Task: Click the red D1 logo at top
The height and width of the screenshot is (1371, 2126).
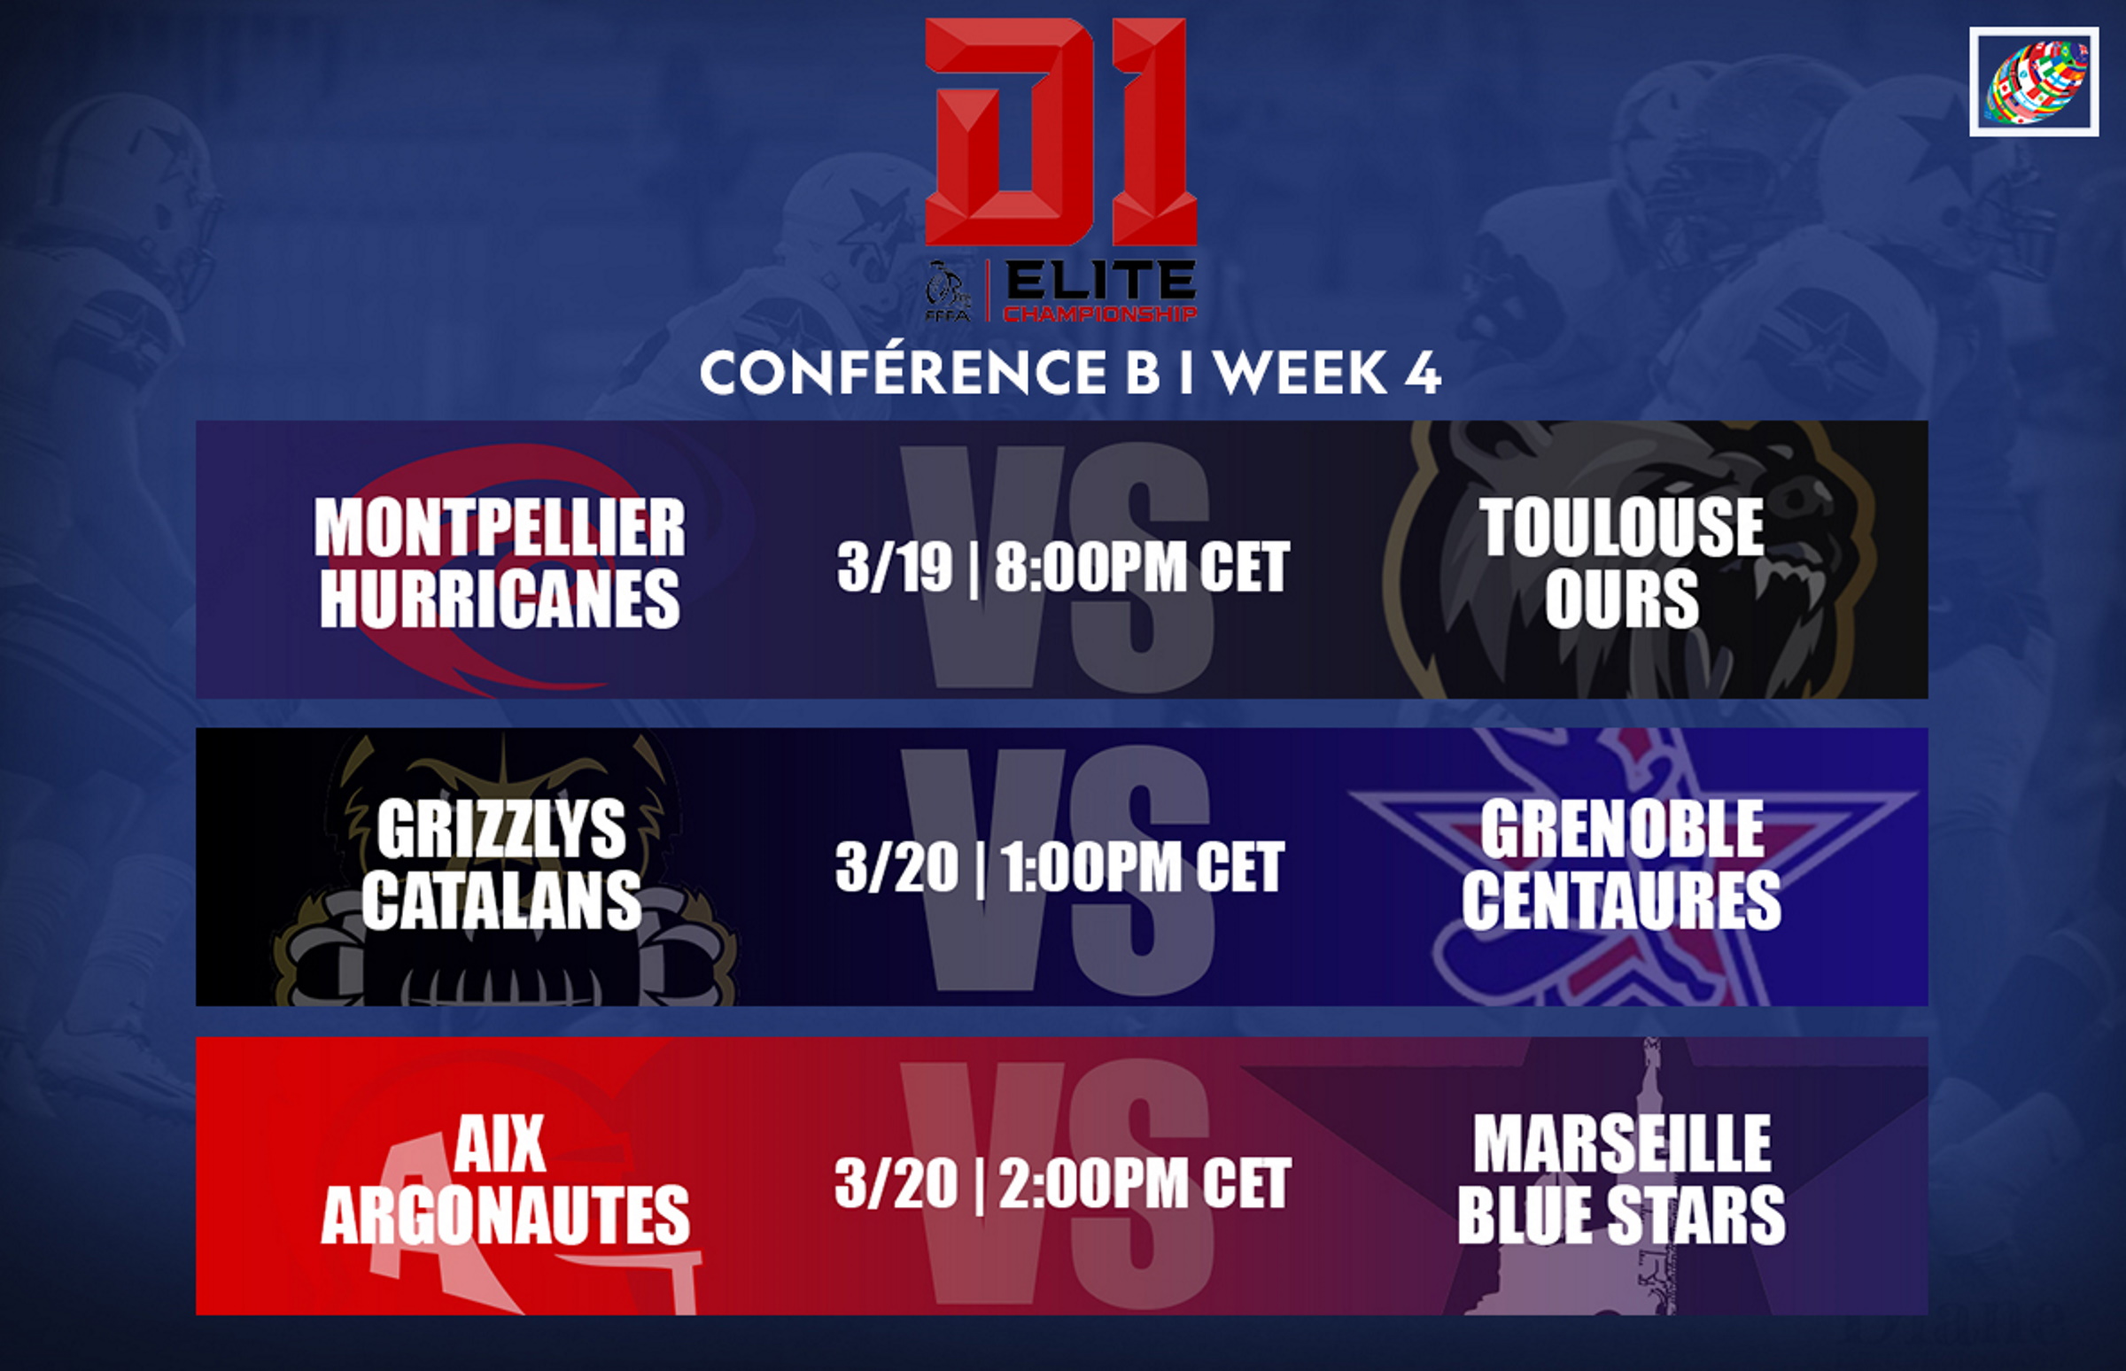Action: coord(1060,132)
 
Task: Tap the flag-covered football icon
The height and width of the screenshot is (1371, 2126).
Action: coord(2034,81)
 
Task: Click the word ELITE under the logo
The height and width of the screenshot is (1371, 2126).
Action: coord(1100,283)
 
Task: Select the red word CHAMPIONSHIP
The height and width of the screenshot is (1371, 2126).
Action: coord(1100,314)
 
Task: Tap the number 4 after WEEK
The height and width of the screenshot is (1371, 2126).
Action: coord(1423,372)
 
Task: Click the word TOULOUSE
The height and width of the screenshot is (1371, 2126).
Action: coord(1621,526)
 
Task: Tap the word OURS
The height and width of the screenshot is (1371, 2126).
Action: coord(1621,599)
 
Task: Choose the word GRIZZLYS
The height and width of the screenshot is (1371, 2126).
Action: coord(501,829)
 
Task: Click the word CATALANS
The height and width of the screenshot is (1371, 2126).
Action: coord(501,900)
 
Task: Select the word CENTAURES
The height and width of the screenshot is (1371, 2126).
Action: coord(1621,900)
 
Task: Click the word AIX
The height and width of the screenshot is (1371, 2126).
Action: coord(500,1144)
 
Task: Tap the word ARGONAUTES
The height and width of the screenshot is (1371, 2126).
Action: coord(505,1215)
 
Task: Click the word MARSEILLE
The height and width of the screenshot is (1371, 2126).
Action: coord(1621,1144)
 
